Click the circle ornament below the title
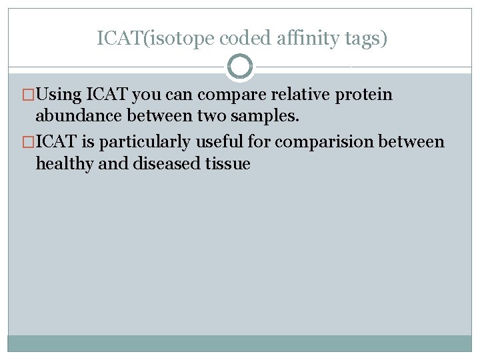[x=240, y=67]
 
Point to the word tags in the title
[x=360, y=39]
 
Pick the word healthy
[x=65, y=163]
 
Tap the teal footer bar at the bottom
[x=240, y=343]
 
